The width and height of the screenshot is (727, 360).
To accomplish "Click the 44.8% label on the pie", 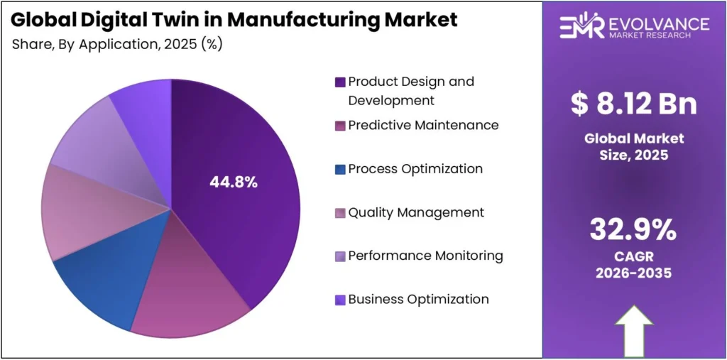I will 233,182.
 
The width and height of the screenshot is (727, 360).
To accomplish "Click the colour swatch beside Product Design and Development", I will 340,82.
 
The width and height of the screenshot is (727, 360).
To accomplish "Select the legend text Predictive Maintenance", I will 423,125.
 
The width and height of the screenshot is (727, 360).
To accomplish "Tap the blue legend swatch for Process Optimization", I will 340,169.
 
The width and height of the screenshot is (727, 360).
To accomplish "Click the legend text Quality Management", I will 416,212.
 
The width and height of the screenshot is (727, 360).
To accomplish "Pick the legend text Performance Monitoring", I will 425,256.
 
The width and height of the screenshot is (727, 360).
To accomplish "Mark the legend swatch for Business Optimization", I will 340,300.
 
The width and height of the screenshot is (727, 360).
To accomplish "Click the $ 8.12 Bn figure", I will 634,104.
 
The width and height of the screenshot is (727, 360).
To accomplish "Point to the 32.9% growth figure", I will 633,230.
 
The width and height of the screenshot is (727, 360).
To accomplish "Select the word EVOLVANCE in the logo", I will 656,23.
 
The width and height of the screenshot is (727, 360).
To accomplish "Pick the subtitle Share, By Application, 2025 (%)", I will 117,44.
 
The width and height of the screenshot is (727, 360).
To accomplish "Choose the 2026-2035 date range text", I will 633,273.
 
